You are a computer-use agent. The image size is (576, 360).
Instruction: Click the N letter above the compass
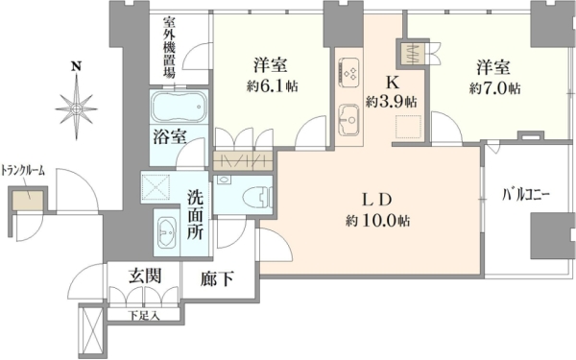click(76, 66)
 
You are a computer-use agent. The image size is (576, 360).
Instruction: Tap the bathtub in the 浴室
click(179, 107)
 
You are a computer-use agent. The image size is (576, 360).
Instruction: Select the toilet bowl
click(257, 197)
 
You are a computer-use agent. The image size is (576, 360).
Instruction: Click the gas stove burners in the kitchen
click(348, 72)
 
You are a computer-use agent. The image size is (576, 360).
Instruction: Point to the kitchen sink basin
click(349, 120)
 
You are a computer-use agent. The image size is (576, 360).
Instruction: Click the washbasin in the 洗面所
click(166, 232)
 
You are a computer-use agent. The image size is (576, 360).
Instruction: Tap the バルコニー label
click(526, 195)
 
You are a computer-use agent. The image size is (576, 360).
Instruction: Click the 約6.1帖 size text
click(273, 86)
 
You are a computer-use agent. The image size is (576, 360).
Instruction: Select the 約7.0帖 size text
click(494, 88)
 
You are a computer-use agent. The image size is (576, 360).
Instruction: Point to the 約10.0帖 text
click(377, 221)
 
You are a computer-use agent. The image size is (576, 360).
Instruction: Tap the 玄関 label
click(145, 276)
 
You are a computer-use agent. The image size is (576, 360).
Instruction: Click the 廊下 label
click(217, 278)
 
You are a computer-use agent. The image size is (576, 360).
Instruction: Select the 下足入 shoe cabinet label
click(144, 315)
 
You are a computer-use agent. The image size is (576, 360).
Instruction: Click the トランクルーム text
click(23, 171)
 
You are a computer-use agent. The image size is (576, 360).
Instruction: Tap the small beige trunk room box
click(28, 201)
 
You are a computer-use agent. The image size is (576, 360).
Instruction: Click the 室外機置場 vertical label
click(169, 48)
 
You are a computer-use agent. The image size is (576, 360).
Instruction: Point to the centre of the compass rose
click(77, 108)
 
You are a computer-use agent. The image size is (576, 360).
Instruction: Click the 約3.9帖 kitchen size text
click(391, 102)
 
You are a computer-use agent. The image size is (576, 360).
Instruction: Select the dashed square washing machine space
click(156, 187)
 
